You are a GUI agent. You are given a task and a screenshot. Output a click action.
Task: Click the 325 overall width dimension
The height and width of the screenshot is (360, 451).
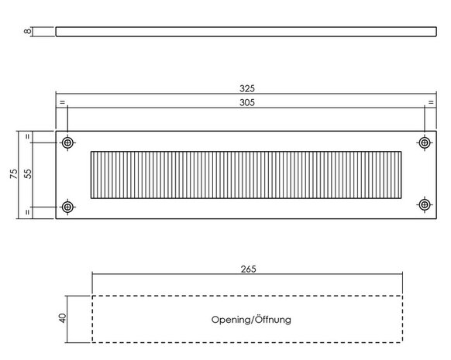coord(247,88)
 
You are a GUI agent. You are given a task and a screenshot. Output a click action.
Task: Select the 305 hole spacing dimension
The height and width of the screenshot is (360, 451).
coord(247,102)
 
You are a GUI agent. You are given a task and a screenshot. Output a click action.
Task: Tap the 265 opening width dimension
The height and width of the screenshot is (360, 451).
coord(248,269)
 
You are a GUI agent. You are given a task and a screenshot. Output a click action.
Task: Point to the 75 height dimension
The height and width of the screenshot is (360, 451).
coord(13,174)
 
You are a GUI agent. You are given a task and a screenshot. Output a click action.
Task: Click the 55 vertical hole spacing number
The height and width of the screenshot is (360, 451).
coord(28,174)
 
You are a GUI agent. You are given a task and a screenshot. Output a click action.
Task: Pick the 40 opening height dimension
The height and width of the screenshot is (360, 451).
coord(62,318)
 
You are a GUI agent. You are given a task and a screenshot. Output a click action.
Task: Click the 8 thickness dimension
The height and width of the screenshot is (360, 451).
coord(28,31)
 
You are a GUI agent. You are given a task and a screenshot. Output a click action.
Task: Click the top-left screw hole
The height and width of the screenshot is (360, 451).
coord(67,142)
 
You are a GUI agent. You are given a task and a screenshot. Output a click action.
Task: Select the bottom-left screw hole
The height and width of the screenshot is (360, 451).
coord(67,207)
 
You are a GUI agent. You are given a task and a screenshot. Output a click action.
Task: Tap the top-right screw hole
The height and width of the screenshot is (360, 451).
coord(425,142)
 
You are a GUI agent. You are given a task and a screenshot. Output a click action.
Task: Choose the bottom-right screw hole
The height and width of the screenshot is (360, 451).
coord(425,205)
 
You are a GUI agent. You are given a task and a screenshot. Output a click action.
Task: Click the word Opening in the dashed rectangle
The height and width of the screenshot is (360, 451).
coord(231,320)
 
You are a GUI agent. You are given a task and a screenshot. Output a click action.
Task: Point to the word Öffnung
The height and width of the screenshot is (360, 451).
coord(273,319)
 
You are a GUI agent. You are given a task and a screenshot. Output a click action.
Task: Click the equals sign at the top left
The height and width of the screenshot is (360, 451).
coord(63,102)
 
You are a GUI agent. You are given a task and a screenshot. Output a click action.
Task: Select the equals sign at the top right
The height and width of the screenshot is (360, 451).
coord(431,102)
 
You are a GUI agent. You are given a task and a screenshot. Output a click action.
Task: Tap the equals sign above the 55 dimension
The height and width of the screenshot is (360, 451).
coord(28,137)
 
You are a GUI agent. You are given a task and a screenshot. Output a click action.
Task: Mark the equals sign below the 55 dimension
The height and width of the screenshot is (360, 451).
coord(28,212)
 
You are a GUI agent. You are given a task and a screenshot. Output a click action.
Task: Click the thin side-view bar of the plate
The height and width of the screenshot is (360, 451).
coord(246,32)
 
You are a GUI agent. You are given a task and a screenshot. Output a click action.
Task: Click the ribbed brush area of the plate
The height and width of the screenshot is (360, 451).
coord(246,175)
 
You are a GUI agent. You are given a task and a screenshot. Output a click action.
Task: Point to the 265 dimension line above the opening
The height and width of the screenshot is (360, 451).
coord(247,274)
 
